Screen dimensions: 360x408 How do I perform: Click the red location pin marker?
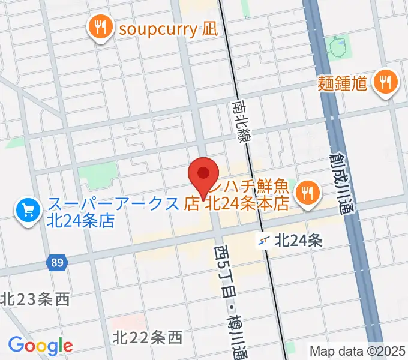(x=203, y=175)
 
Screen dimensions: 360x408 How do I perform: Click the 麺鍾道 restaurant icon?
(x=385, y=82)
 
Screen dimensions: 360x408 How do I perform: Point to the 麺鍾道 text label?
(x=343, y=83)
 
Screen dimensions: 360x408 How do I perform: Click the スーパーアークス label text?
(x=114, y=203)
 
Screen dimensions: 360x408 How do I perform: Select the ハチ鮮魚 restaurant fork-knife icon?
(x=308, y=191)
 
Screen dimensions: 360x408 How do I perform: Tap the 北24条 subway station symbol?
(x=265, y=241)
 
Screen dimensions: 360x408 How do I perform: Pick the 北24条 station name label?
(x=299, y=241)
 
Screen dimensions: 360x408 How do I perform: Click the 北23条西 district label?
(x=35, y=298)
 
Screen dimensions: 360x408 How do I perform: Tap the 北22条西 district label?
(x=147, y=338)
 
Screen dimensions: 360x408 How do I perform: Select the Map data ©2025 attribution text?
(x=358, y=351)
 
